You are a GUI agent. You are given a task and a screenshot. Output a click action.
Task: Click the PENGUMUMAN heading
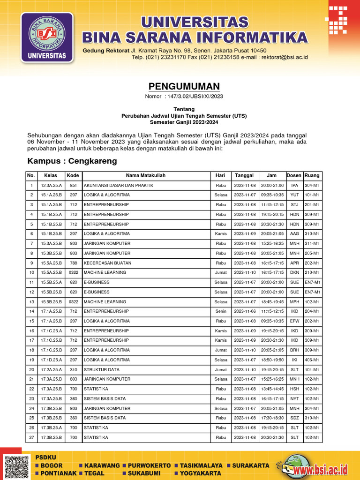(x=184, y=86)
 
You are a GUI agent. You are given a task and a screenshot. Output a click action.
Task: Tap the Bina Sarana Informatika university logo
(x=47, y=37)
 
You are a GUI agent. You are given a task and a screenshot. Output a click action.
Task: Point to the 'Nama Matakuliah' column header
(x=145, y=175)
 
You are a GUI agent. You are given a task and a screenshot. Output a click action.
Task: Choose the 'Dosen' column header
(x=294, y=175)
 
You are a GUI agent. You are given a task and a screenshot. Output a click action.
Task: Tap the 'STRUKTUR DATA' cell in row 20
(x=102, y=369)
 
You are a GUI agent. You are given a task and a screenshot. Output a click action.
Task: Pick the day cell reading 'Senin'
(x=220, y=311)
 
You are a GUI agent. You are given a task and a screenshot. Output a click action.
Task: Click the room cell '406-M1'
(x=312, y=360)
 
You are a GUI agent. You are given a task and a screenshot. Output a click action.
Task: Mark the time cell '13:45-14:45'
(x=272, y=389)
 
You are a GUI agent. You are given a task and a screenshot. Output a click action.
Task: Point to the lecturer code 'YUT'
(x=294, y=195)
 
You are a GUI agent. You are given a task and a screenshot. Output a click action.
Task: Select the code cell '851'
(x=73, y=186)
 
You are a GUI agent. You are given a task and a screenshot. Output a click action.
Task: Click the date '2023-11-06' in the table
(x=245, y=311)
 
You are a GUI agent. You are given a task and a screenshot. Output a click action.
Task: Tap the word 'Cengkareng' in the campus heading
(x=93, y=161)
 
